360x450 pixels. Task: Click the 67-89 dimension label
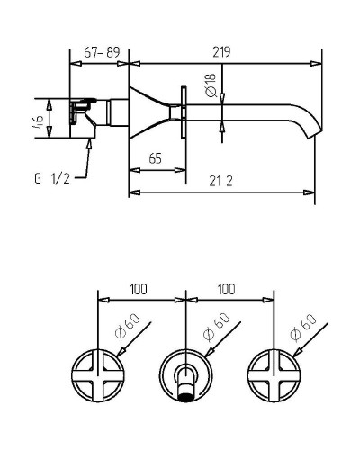(102, 52)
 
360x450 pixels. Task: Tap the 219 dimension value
(221, 52)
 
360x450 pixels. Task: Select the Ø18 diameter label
(211, 85)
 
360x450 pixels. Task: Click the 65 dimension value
(155, 158)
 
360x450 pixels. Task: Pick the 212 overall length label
(220, 181)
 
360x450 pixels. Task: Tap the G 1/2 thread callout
(52, 179)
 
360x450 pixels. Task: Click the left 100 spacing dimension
(139, 289)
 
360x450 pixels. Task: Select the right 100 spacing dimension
(226, 289)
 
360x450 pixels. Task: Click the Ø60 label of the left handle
(128, 327)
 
